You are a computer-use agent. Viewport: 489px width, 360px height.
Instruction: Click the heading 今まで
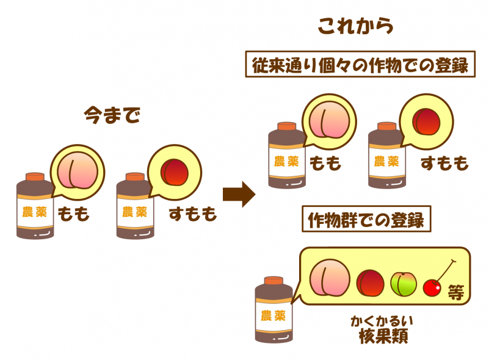112,115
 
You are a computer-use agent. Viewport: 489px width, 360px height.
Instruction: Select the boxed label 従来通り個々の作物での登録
360,65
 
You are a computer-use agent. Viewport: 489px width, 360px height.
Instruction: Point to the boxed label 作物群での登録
367,220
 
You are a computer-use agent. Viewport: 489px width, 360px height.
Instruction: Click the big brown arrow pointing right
239,195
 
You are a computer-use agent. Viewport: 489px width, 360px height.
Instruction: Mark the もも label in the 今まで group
73,214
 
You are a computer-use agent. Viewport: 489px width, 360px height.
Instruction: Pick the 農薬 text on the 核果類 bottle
273,315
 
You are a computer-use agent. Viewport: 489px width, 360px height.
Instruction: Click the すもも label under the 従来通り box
444,164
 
